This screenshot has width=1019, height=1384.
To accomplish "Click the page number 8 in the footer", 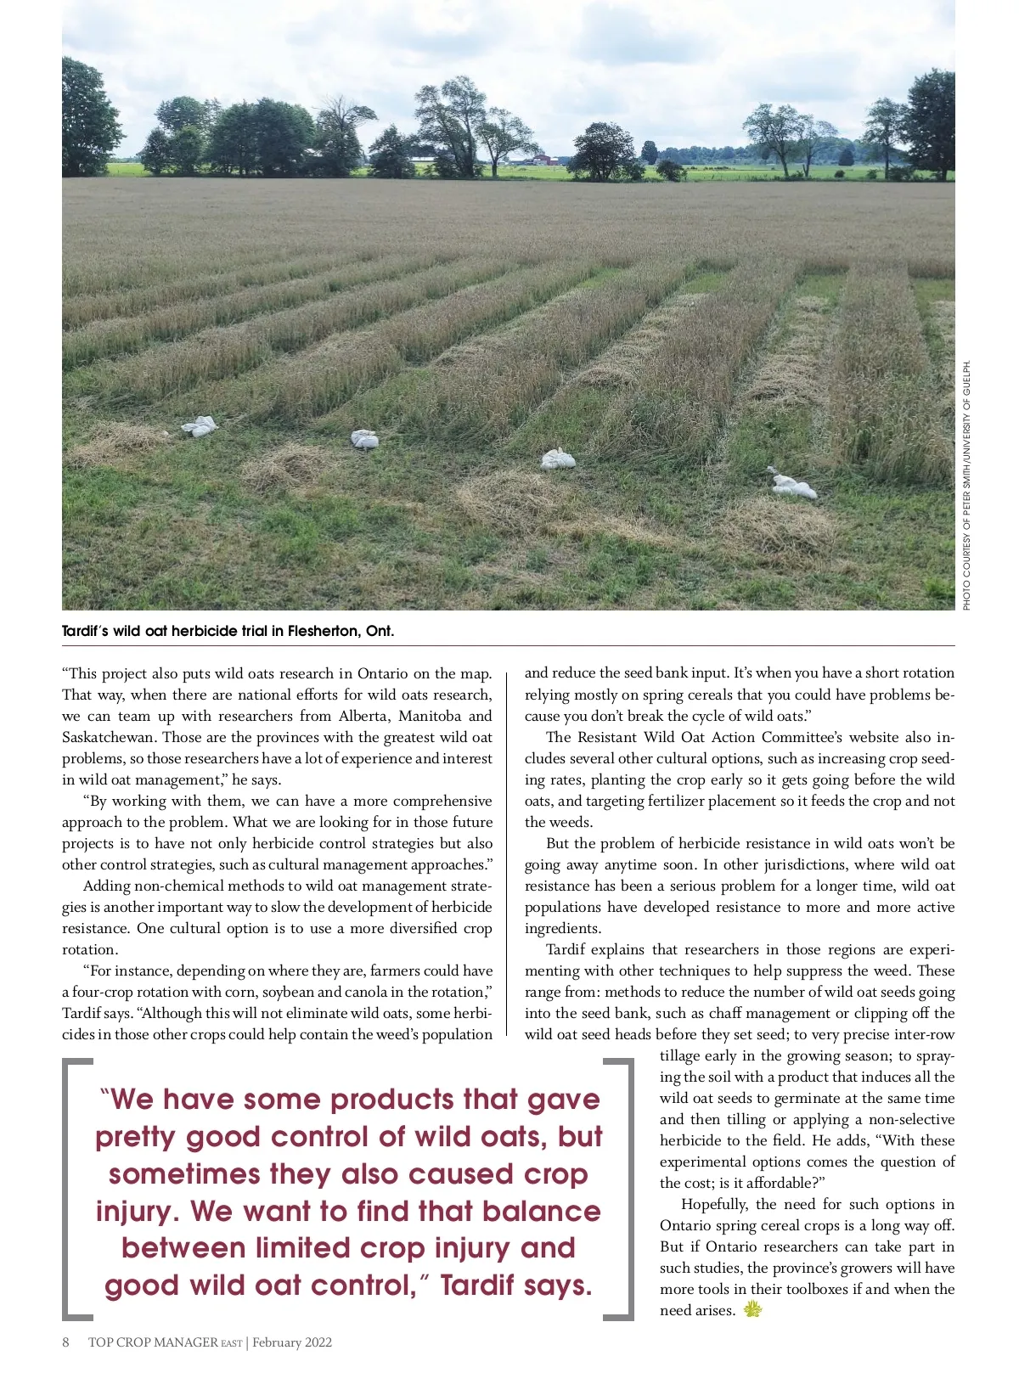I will coord(66,1342).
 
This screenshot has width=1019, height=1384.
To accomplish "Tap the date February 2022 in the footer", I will coord(292,1342).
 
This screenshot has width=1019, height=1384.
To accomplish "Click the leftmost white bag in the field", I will coord(200,426).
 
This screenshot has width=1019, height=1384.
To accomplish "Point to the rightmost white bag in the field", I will coord(791,485).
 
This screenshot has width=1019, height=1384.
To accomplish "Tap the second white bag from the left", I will coord(364,439).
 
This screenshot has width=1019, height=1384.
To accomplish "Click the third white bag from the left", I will coord(558,459).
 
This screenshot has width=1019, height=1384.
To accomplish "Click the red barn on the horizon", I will coord(544,159).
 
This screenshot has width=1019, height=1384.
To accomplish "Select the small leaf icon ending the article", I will coord(752,1309).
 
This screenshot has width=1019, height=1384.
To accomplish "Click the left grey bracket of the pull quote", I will coord(76,1189).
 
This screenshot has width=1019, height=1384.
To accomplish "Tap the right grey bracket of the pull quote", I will coord(620,1189).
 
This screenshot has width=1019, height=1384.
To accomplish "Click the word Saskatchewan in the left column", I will coord(110,737).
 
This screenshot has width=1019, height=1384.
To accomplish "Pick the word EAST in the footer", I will coord(232,1343).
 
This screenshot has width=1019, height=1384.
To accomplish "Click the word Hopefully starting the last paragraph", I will coord(713,1204).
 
